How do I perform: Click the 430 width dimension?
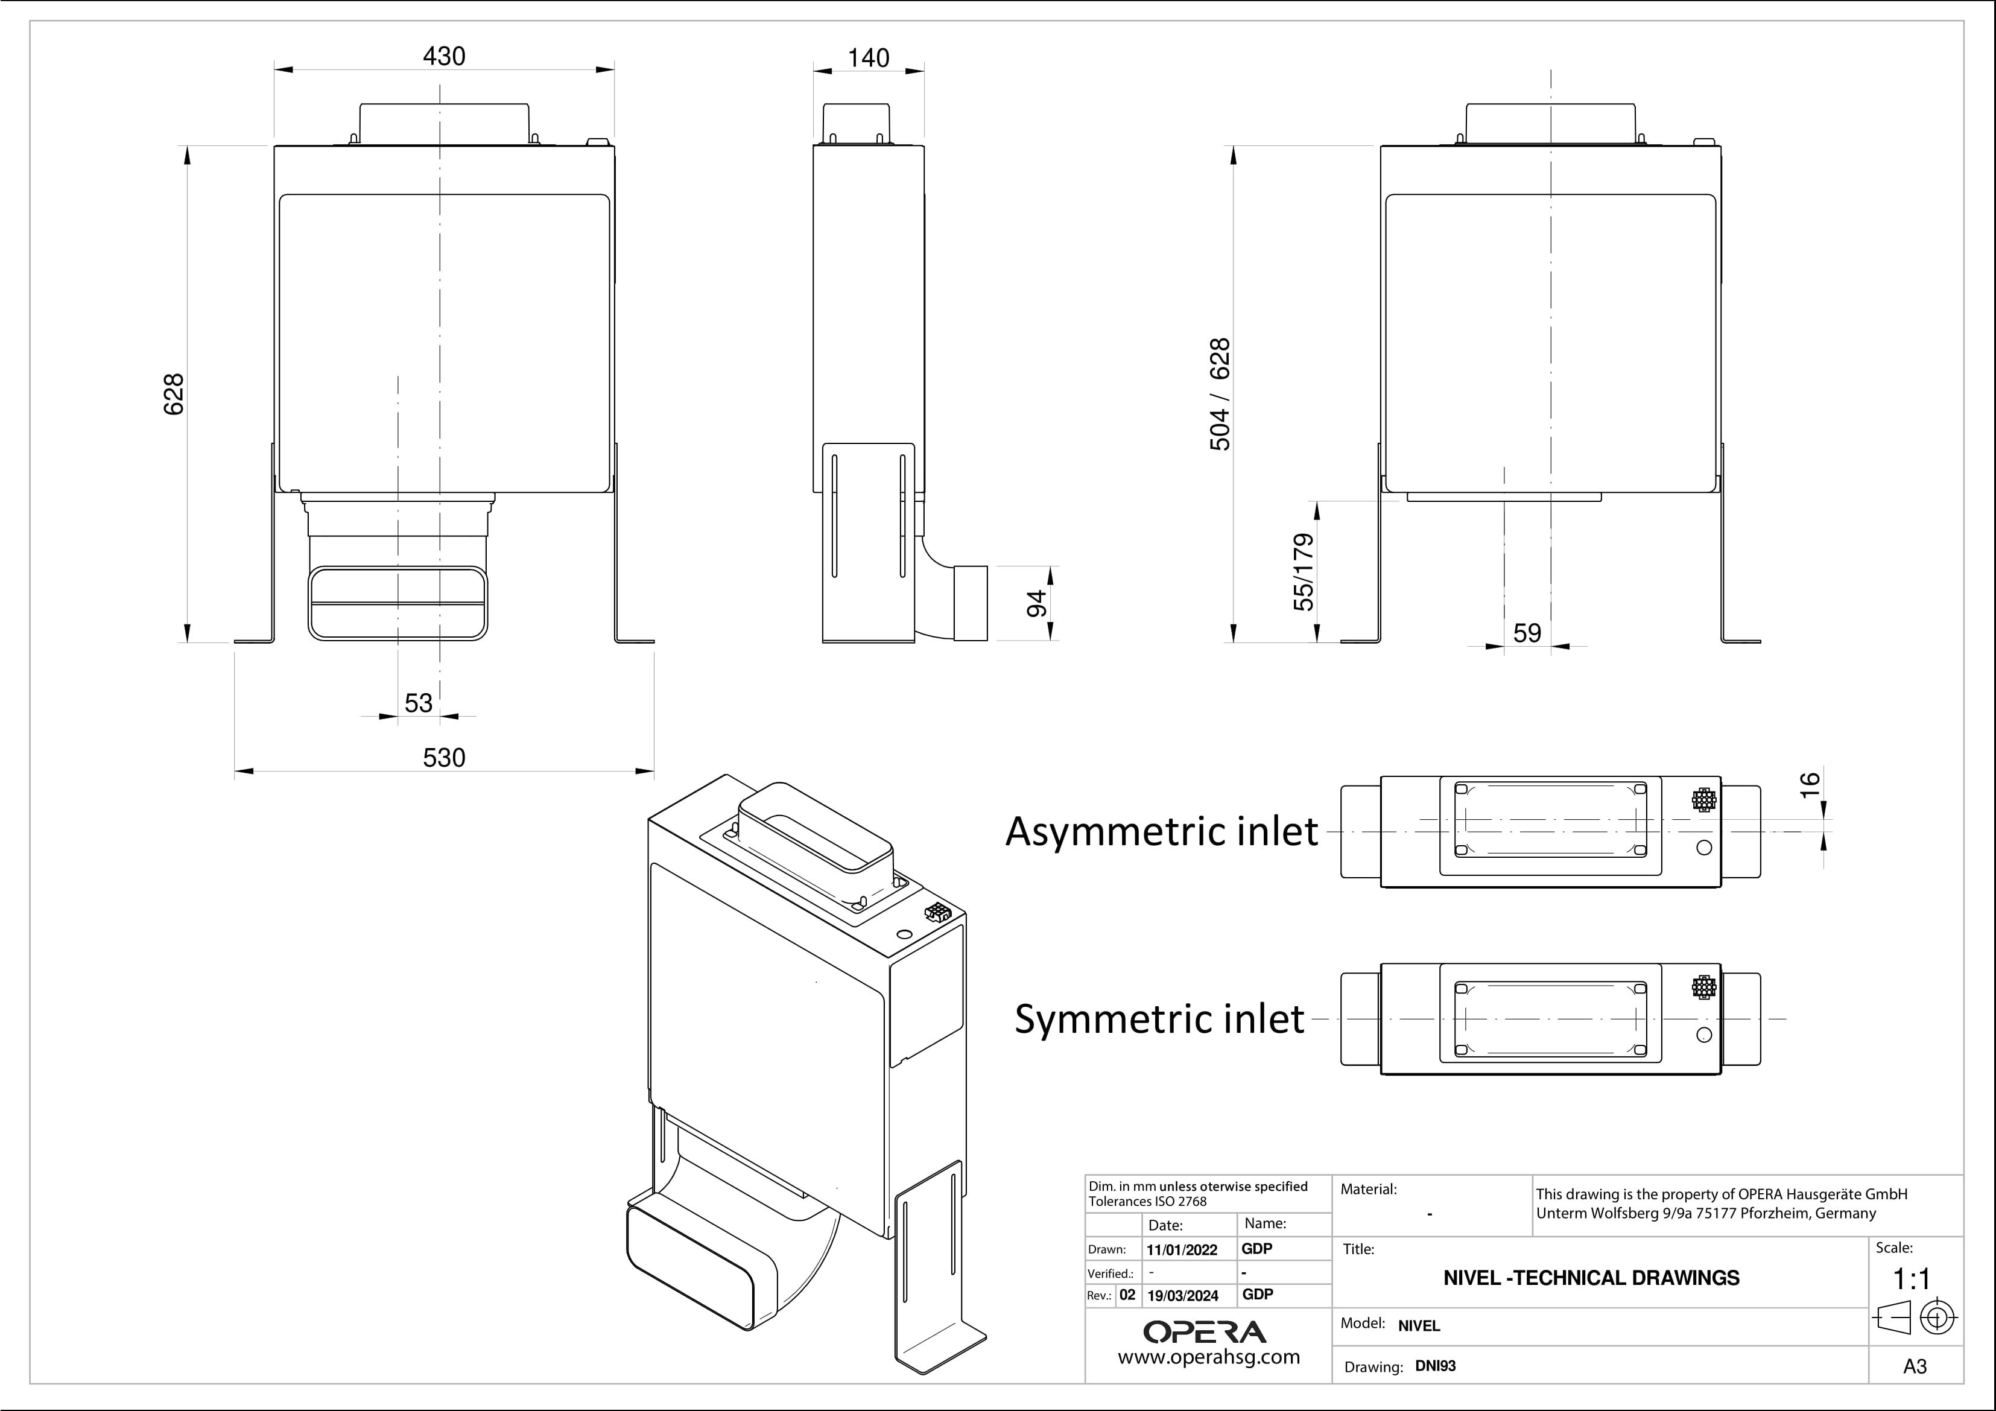click(443, 57)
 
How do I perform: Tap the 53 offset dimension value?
click(418, 702)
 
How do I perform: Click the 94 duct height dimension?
click(1037, 603)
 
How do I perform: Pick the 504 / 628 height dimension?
click(1220, 394)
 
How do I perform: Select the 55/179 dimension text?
click(1303, 572)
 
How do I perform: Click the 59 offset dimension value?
click(1527, 633)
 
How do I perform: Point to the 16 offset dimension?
click(1809, 784)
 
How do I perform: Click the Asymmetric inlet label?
click(1161, 831)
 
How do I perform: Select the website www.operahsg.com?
click(1208, 1357)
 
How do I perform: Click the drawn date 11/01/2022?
click(1182, 1250)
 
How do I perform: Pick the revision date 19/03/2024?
click(1182, 1295)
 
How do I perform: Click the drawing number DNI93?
click(1435, 1366)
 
